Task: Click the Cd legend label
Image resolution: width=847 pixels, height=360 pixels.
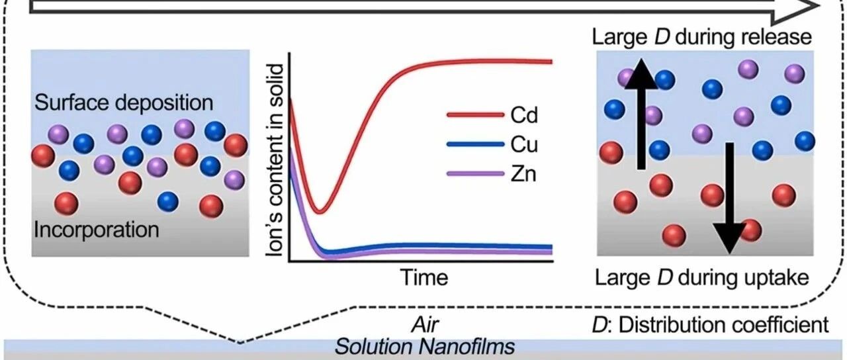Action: point(523,115)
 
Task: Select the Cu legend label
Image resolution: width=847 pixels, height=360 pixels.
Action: point(523,144)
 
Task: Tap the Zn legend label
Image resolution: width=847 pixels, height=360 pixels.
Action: point(523,174)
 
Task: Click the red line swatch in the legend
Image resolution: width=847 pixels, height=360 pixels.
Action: point(475,114)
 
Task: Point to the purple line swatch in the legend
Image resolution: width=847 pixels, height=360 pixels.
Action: point(475,174)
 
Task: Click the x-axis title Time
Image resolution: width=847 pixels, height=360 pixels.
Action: point(424,277)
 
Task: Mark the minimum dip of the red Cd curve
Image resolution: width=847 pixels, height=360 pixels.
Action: point(320,211)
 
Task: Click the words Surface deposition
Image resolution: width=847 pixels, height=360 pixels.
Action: point(124,103)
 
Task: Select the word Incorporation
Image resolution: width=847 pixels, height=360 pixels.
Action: point(97,230)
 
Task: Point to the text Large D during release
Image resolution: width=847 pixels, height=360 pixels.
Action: point(702,36)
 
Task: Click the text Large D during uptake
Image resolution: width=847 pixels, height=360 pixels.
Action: point(702,278)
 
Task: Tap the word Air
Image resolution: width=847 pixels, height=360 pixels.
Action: point(425,325)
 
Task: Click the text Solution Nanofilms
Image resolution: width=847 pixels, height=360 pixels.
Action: point(425,347)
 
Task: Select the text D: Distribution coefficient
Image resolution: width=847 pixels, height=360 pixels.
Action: point(711,325)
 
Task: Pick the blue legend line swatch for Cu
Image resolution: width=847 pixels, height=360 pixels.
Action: point(475,144)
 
